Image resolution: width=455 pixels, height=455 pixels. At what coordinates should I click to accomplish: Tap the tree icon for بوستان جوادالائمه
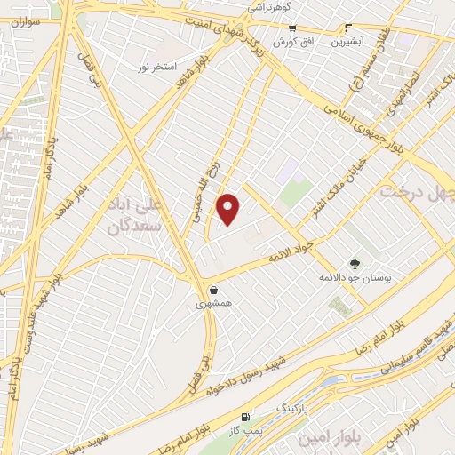click(x=355, y=263)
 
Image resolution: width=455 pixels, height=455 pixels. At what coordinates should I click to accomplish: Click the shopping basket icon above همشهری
click(x=213, y=289)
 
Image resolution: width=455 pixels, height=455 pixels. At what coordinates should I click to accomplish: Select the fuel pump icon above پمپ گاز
click(x=245, y=417)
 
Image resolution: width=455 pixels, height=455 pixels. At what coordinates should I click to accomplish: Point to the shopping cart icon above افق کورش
click(x=291, y=28)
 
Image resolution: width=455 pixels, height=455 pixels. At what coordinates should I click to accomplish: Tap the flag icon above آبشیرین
click(x=347, y=28)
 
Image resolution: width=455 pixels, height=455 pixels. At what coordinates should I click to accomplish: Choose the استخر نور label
click(x=157, y=67)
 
